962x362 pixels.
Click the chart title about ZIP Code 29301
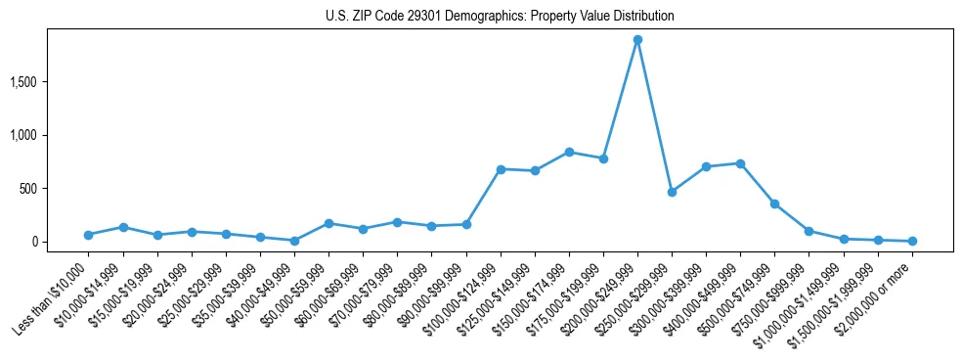(x=500, y=17)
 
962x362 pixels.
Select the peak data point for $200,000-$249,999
(x=637, y=40)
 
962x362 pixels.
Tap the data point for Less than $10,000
(x=89, y=235)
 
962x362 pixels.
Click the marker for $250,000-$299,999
(x=672, y=192)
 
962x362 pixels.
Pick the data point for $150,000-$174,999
(x=569, y=152)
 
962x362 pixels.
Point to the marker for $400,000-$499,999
(x=740, y=163)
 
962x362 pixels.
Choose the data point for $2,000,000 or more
(x=912, y=241)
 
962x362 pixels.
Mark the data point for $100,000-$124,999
(x=501, y=169)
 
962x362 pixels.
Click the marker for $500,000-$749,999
(x=774, y=204)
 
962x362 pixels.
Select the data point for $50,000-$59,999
(x=328, y=223)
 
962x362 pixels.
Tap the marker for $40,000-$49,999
(x=294, y=241)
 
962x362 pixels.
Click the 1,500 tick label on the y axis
(x=50, y=82)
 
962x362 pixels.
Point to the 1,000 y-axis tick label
(x=50, y=135)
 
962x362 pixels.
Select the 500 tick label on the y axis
(x=55, y=189)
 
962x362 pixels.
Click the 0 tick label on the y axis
(x=61, y=242)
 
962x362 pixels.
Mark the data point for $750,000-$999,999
(x=809, y=231)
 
